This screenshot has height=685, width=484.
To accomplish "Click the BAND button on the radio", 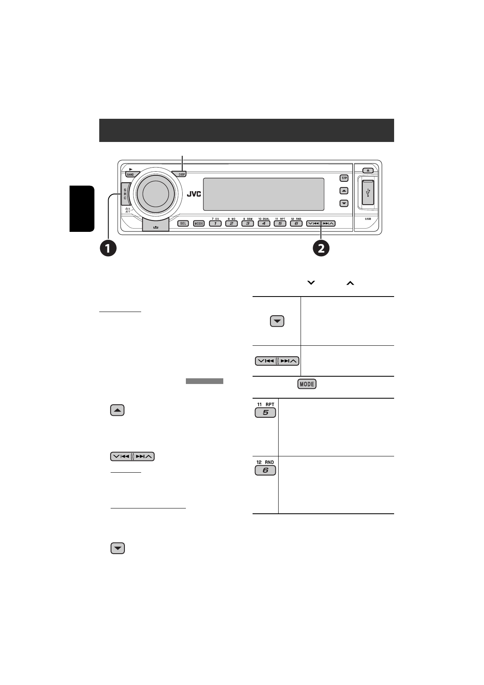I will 130,175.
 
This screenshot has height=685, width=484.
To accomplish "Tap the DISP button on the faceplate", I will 181,175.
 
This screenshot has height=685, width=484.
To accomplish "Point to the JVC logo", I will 194,194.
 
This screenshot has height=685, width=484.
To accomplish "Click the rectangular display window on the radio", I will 264,194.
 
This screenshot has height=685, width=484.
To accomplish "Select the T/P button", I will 344,178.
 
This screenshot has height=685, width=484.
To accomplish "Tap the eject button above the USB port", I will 368,170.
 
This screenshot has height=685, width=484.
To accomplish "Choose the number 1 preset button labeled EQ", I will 215,223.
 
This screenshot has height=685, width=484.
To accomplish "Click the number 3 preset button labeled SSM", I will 247,223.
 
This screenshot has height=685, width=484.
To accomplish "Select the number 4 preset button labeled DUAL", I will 264,223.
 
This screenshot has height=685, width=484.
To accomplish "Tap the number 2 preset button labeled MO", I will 231,223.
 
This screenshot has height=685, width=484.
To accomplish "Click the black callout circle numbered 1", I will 109,248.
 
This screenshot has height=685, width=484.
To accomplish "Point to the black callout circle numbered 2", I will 321,248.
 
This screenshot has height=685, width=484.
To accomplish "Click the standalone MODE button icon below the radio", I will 307,384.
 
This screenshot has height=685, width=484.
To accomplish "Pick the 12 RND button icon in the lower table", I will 265,470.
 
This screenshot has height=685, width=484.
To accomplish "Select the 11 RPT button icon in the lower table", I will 265,412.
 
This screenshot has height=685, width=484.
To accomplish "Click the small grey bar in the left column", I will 205,381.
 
